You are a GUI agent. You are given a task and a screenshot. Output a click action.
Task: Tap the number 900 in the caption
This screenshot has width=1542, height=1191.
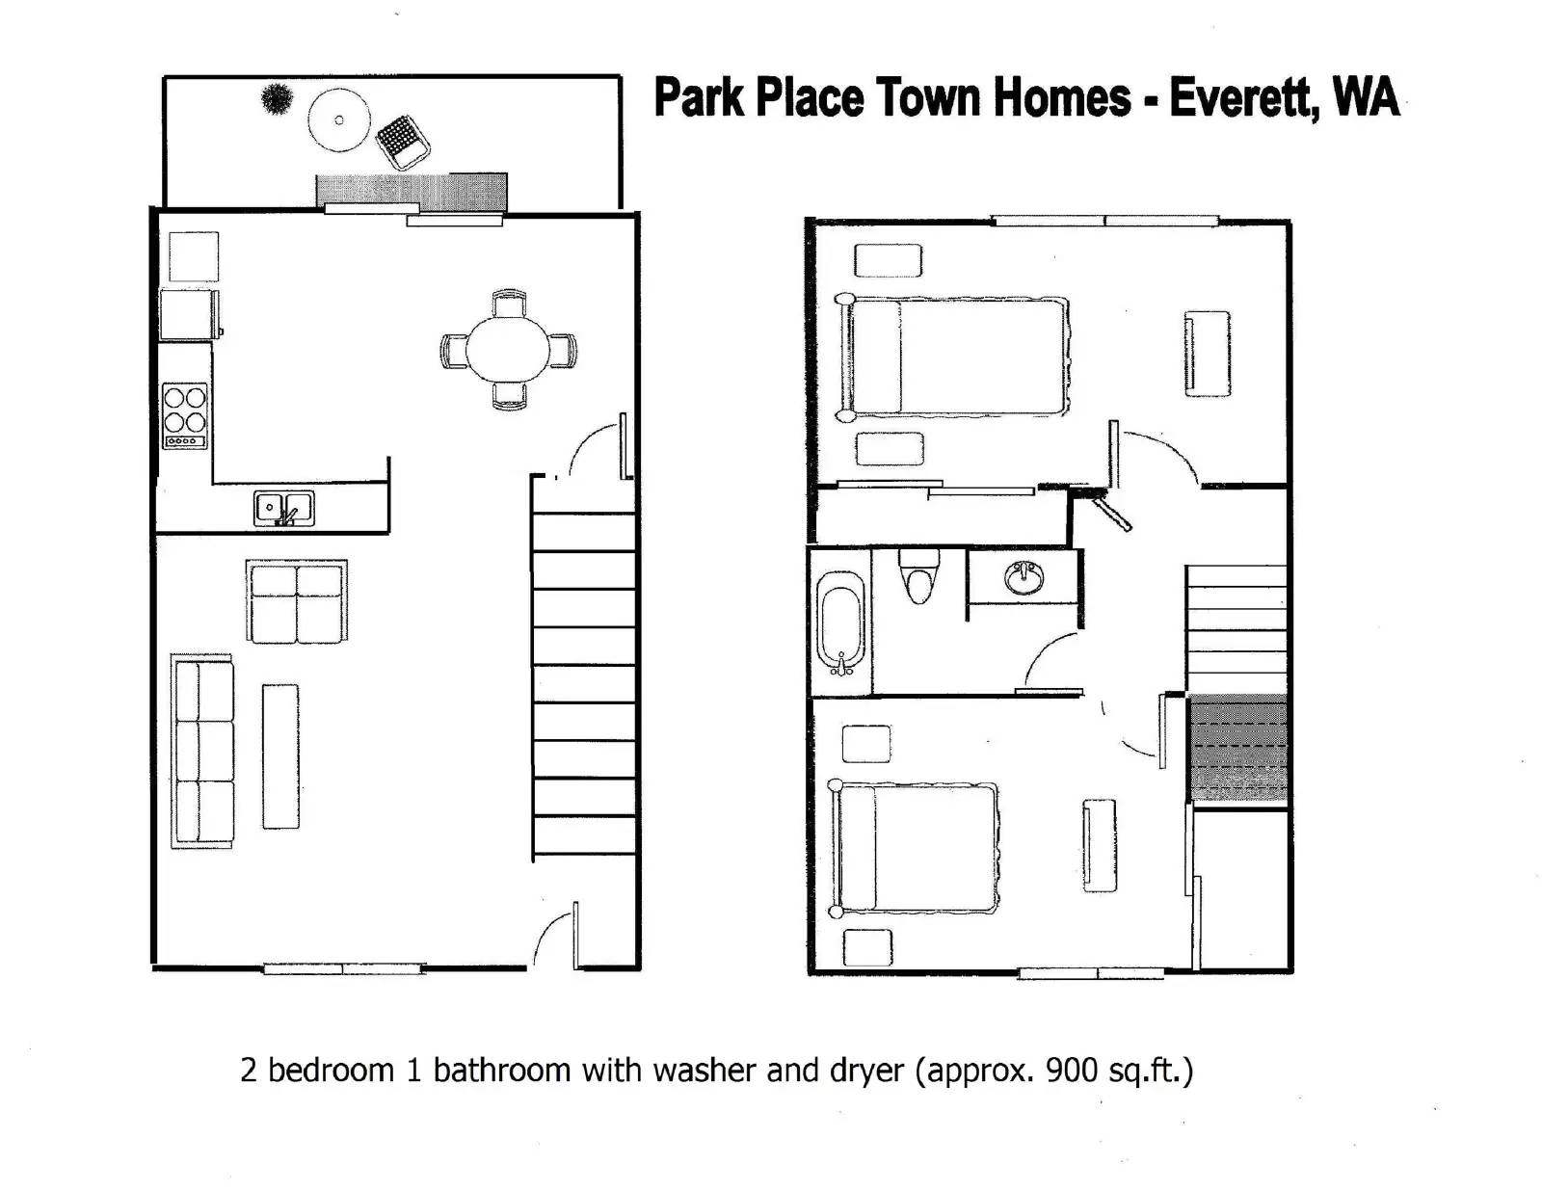[1071, 1069]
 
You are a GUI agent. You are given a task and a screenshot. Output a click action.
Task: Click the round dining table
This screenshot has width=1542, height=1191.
[507, 350]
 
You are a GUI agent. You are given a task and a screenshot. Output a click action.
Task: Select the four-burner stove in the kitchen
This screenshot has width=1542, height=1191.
[185, 415]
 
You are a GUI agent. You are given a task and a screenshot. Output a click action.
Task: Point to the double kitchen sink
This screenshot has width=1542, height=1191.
[284, 509]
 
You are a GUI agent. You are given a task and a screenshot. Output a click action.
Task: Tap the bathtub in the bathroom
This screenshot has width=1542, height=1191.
[841, 622]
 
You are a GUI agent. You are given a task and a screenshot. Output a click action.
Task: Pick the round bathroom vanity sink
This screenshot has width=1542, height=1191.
[1024, 576]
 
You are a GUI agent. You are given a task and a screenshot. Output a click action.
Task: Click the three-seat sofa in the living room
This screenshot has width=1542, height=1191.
[202, 752]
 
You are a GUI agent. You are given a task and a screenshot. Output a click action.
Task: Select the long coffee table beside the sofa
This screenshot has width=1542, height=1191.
[280, 756]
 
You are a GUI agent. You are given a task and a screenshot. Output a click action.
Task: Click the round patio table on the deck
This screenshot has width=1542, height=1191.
[339, 119]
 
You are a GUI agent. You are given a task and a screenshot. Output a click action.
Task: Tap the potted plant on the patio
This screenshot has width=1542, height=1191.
[276, 98]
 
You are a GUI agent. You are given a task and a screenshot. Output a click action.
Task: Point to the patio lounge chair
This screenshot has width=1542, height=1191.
[402, 142]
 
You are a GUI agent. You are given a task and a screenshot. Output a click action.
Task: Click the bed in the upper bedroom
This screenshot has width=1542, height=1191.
[952, 357]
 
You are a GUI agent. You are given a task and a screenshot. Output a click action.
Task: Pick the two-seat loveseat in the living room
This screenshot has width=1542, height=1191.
[297, 601]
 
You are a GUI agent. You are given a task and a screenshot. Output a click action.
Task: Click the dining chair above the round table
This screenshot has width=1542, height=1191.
[509, 304]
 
